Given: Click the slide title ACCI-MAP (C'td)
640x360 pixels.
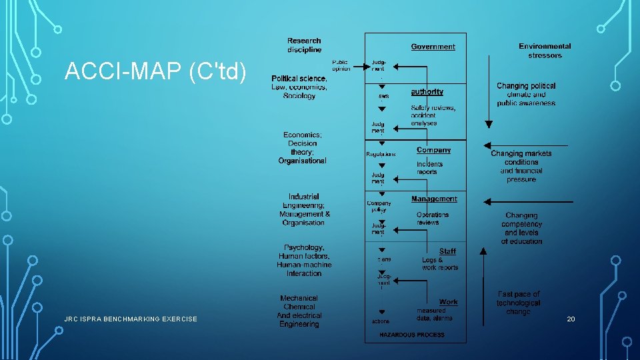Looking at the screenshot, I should click(155, 71).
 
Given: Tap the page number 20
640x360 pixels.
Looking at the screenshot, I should click(571, 319).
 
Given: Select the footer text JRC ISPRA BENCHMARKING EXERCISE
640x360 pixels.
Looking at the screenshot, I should click(131, 319).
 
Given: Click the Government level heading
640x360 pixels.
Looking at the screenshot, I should click(433, 47).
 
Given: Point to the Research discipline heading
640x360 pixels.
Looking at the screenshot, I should click(304, 45).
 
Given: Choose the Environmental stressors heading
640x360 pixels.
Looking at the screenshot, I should click(545, 51).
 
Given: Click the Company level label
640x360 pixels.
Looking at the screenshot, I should click(433, 150).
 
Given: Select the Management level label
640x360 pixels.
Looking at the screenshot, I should click(434, 199).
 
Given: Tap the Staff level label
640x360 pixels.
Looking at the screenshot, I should click(447, 251).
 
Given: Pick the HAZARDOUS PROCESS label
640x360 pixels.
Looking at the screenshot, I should click(412, 335).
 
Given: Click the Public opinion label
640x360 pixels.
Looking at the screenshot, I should click(341, 65).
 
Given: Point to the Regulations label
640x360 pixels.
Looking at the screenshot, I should click(381, 154).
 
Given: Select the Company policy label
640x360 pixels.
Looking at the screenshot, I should click(379, 206).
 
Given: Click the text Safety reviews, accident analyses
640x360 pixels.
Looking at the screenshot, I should click(433, 115).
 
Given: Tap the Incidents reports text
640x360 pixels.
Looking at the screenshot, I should click(429, 168).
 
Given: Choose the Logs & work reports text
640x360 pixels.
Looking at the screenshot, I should click(439, 264).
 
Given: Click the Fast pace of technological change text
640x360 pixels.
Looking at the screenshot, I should click(518, 303).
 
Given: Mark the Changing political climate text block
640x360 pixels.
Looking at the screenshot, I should click(526, 95).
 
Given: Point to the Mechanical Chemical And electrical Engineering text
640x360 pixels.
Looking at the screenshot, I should click(299, 311).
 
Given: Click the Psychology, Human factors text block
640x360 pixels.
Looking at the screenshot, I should click(304, 260).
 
